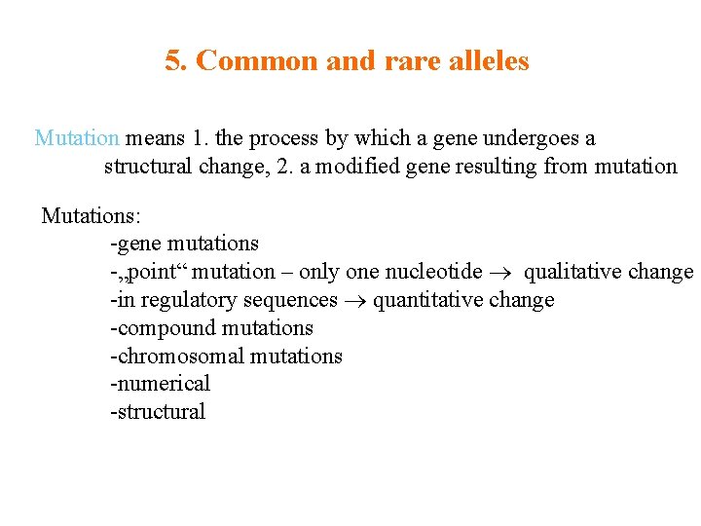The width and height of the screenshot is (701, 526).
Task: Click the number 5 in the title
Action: click(174, 61)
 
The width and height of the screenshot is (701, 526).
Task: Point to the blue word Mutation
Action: click(76, 138)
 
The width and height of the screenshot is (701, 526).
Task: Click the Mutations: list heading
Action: click(91, 215)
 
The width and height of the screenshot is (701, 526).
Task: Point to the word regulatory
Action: click(181, 300)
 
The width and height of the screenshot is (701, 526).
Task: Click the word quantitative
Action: click(426, 300)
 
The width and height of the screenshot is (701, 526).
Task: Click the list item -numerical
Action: click(160, 384)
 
